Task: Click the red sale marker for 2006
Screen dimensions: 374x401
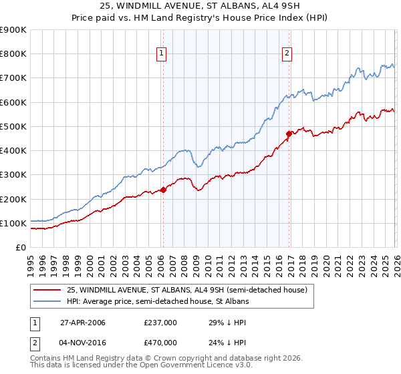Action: [163, 190]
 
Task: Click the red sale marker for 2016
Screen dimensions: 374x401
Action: [289, 134]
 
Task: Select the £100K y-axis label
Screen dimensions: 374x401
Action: [13, 223]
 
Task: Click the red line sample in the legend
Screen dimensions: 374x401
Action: [47, 291]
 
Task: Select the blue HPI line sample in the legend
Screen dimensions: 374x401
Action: [47, 302]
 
